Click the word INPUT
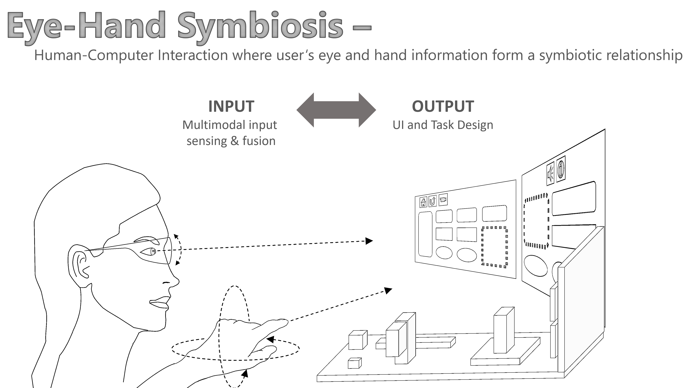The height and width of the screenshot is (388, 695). pyautogui.click(x=231, y=106)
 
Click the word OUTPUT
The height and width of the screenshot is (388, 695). pyautogui.click(x=443, y=106)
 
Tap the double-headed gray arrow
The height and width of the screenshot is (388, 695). pyautogui.click(x=336, y=110)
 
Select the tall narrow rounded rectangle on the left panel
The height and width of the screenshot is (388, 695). pyautogui.click(x=425, y=234)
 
